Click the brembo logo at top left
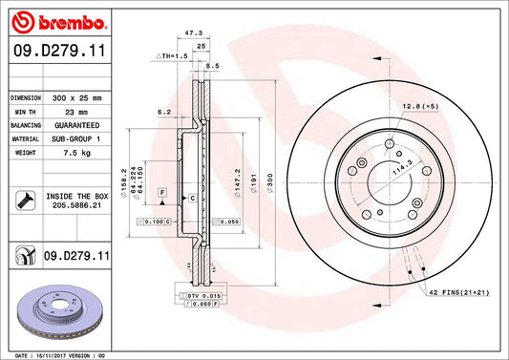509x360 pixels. [x=56, y=20]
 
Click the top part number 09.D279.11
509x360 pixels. [x=58, y=52]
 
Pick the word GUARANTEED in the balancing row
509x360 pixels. [x=76, y=125]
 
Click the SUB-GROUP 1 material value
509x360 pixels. [x=76, y=138]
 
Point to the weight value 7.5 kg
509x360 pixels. [x=67, y=152]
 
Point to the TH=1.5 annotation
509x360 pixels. [x=171, y=56]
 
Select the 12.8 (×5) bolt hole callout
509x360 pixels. [x=420, y=107]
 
